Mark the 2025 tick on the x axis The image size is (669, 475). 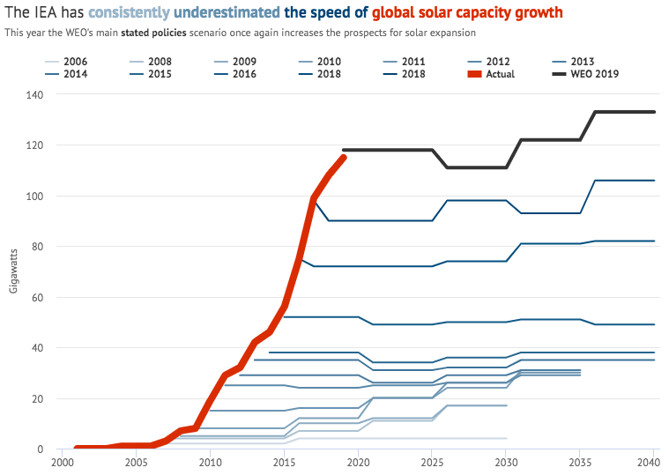[432, 461]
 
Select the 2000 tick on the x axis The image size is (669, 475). [63, 461]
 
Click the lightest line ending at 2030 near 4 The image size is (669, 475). [397, 438]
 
